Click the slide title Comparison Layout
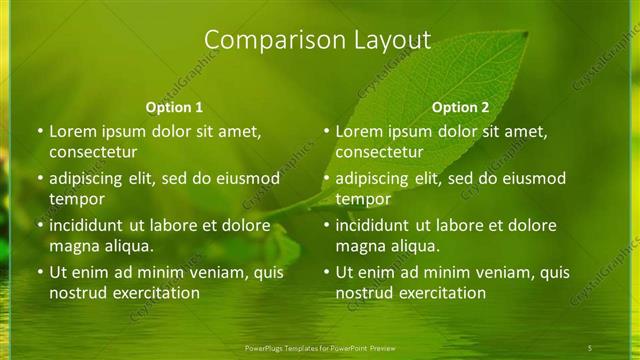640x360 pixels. coord(317,40)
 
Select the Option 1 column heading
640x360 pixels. coord(174,107)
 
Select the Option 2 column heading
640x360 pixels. coord(460,107)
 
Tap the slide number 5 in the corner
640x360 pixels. coord(590,347)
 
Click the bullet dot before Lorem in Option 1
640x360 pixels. coord(40,132)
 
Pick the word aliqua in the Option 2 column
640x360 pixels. coord(413,246)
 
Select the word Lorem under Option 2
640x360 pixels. coord(359,131)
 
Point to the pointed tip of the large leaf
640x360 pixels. coord(526,33)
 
